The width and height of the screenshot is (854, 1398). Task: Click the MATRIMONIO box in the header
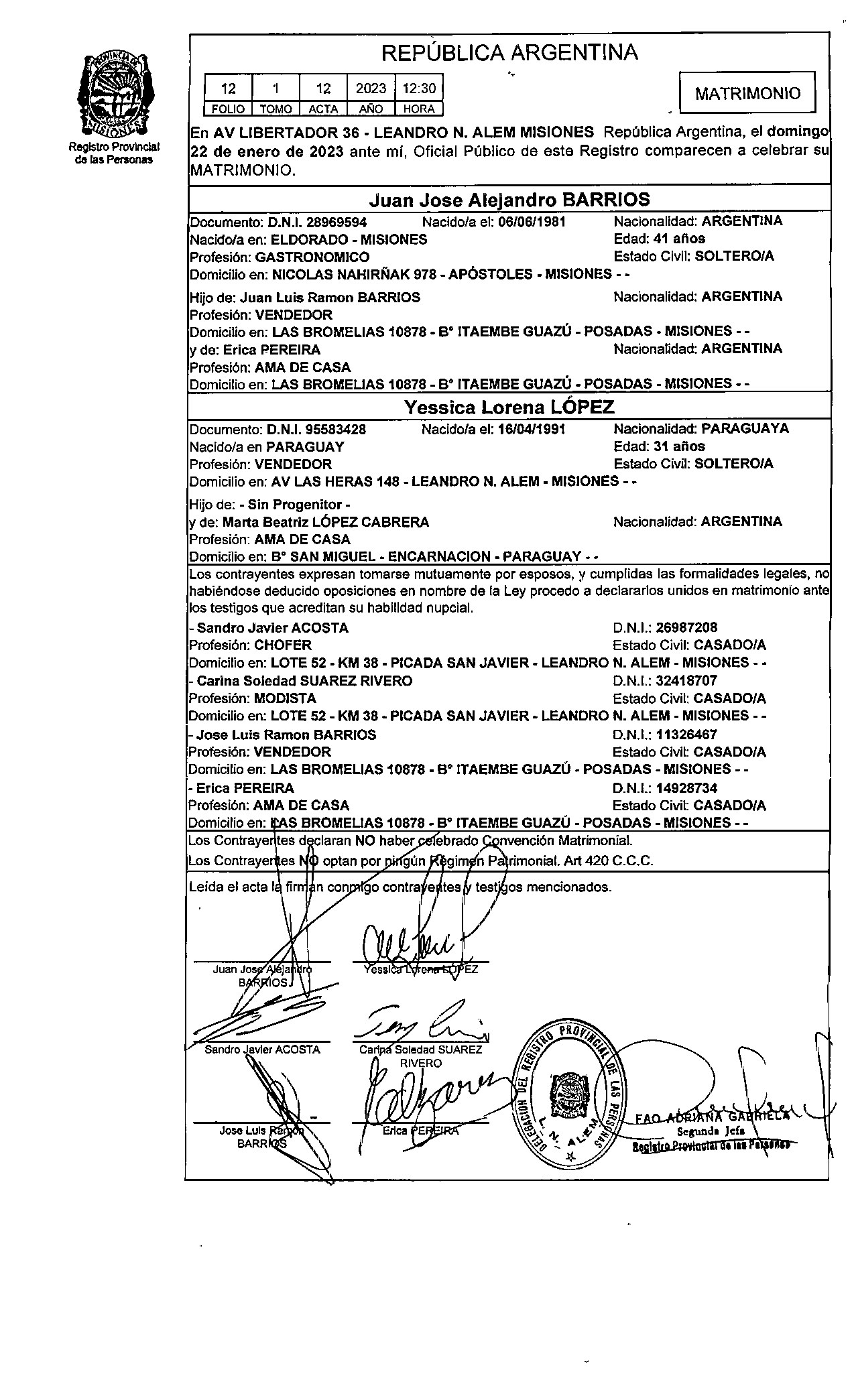[747, 93]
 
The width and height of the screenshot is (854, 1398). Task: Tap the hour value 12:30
[419, 88]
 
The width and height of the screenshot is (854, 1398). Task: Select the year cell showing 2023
[371, 88]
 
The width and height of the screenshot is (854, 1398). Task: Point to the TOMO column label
[276, 109]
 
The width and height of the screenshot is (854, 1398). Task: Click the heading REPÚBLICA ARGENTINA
[509, 52]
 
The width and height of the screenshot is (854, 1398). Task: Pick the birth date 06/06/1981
[533, 222]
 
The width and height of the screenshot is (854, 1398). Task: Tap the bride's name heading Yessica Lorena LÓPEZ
[509, 407]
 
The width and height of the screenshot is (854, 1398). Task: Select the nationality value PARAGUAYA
[745, 428]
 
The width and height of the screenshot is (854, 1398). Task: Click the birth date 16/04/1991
[532, 429]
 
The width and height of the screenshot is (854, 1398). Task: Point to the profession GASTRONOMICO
[312, 257]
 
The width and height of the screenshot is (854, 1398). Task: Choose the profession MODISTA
[285, 698]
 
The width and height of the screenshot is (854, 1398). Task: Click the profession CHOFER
[283, 645]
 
